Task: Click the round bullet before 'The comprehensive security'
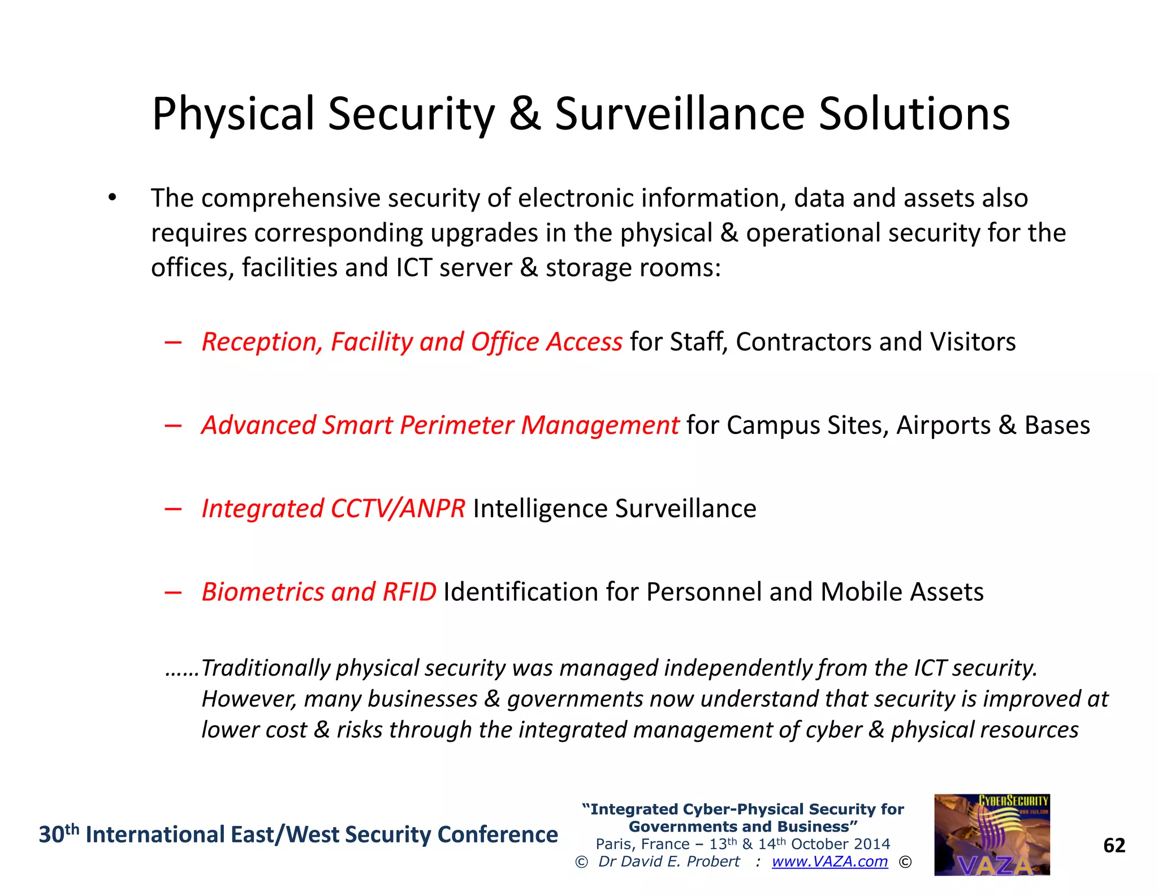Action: coord(113,197)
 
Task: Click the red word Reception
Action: coord(262,342)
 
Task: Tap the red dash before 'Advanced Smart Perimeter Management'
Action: coord(173,425)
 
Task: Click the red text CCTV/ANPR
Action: coord(397,508)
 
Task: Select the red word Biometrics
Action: coord(262,592)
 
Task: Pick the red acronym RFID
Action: coord(409,592)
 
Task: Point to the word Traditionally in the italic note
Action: coord(265,668)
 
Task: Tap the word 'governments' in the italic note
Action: coord(575,699)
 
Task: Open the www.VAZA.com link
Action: coord(829,862)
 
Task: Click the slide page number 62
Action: coord(1114,845)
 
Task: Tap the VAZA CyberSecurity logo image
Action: coord(992,834)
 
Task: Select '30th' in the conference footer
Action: coord(58,834)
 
